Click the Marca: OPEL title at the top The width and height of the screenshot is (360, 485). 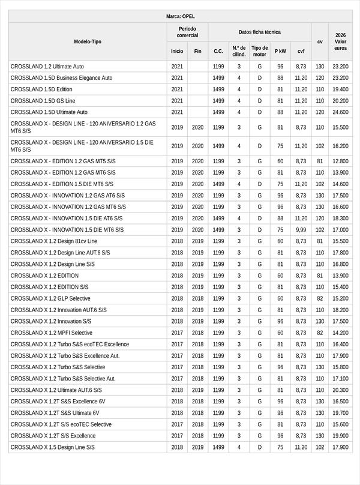180,16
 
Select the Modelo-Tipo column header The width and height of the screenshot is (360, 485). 88,42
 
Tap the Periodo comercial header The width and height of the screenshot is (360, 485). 187,32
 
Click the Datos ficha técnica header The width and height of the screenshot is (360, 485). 259,32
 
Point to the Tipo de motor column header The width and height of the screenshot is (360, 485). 259,51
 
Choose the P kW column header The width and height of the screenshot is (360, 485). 280,52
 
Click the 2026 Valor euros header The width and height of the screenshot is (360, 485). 340,42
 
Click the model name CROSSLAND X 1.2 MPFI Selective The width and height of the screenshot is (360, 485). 52,333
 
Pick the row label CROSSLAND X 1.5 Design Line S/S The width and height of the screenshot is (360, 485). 53,447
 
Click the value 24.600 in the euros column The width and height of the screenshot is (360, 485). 340,112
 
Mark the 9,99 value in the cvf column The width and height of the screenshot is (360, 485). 301,230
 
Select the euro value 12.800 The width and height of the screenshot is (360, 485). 340,161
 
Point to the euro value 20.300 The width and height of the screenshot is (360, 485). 340,390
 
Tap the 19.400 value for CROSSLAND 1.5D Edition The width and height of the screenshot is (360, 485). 340,89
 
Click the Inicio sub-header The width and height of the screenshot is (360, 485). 177,52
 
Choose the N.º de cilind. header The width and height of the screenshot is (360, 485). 239,51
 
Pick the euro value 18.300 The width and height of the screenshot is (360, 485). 340,218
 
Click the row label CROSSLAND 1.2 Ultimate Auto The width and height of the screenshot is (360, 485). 47,67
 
